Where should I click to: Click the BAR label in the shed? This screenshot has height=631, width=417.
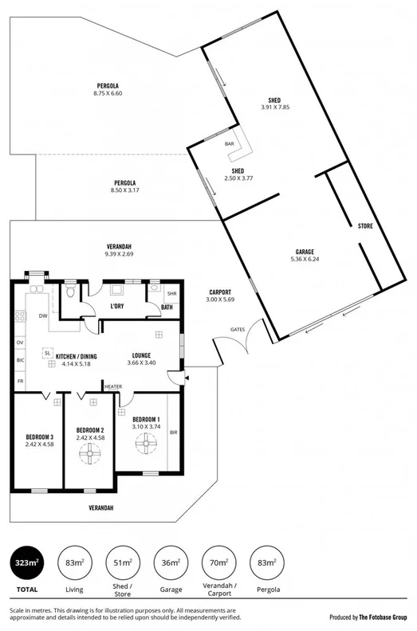230,144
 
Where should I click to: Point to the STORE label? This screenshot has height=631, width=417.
365,226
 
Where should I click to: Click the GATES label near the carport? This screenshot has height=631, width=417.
238,329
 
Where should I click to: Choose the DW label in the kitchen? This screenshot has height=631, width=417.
42,316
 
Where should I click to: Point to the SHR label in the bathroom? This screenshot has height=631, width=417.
171,293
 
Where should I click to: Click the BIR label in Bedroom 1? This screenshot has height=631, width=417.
172,433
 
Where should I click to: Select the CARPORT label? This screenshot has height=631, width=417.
220,292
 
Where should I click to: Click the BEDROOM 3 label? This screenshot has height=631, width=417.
39,437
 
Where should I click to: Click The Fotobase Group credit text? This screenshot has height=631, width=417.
382,617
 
